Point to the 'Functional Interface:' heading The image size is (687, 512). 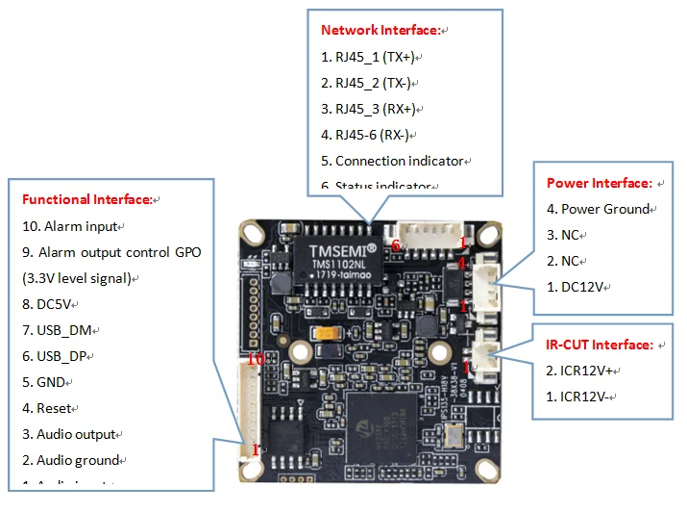[86, 200]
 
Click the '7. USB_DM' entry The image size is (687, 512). [58, 330]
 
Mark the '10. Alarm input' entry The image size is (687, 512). [69, 226]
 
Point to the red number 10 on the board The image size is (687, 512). [255, 359]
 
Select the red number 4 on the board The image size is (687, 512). [463, 261]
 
